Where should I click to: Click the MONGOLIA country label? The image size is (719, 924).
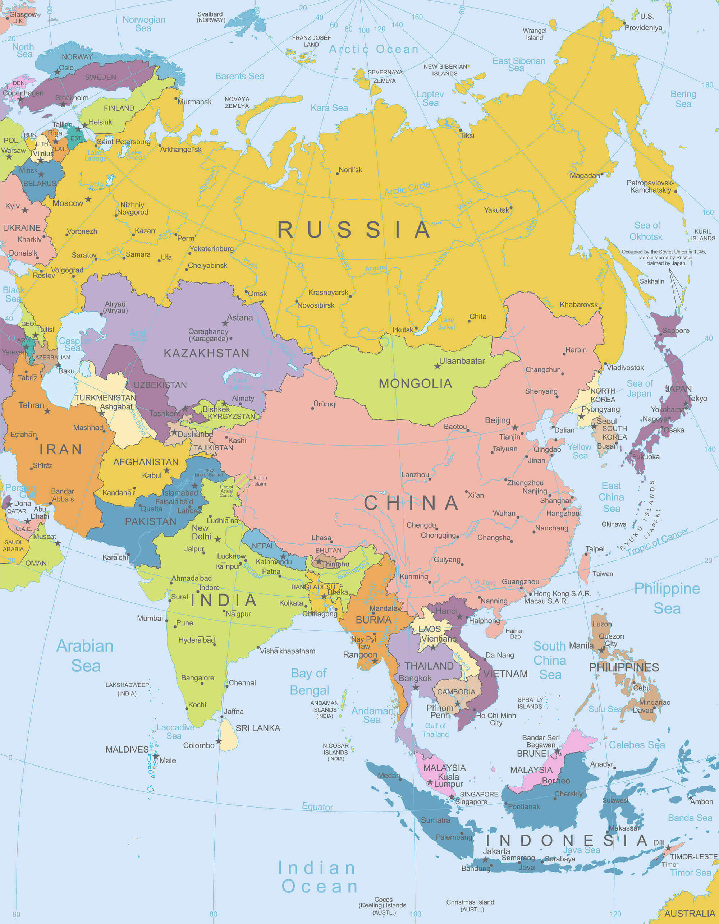click(x=415, y=384)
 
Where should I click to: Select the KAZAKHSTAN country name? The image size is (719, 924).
click(x=206, y=353)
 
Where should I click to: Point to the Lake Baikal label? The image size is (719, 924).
click(x=446, y=323)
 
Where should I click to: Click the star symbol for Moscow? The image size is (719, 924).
click(x=88, y=199)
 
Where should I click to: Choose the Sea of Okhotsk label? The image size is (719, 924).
click(x=647, y=231)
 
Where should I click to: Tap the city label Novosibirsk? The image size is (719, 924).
click(x=316, y=305)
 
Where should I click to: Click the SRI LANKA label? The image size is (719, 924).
click(x=258, y=728)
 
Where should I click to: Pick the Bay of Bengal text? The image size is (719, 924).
click(x=309, y=681)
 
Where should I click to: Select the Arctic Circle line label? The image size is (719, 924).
click(x=407, y=188)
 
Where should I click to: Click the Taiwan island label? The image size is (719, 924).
click(x=603, y=574)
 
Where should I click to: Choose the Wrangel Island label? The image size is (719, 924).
click(x=535, y=34)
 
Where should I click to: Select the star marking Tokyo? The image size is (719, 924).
click(x=686, y=404)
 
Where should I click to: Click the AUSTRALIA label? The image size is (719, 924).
click(x=690, y=914)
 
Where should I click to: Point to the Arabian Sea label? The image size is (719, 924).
click(x=86, y=656)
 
